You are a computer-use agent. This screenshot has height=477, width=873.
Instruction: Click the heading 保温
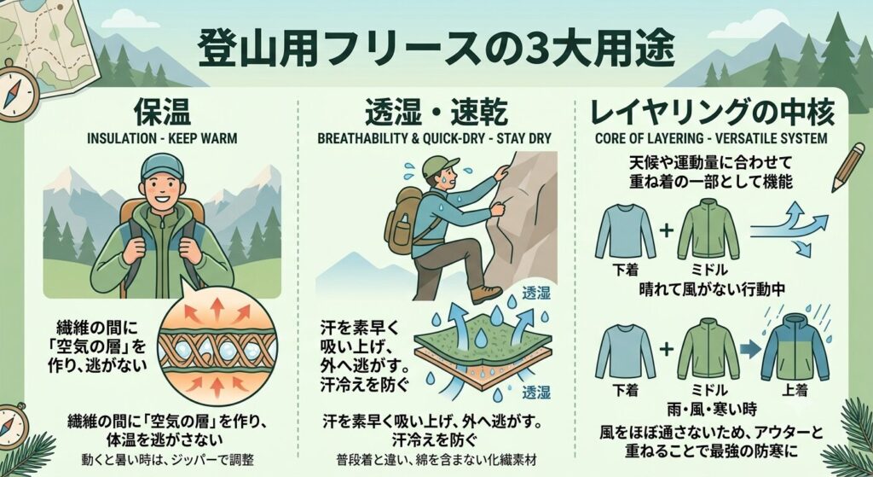[163, 113]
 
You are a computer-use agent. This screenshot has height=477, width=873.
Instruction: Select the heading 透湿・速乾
[436, 113]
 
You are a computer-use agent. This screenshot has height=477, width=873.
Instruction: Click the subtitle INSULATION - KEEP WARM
[162, 139]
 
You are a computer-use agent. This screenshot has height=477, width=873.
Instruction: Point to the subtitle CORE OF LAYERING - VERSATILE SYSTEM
[711, 138]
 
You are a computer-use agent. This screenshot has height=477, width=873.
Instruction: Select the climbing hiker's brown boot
[485, 294]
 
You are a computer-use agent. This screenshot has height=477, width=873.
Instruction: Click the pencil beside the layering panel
[847, 167]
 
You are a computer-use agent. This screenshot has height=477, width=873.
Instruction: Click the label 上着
[795, 390]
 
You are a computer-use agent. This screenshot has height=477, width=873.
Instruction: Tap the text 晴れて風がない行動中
[712, 290]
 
